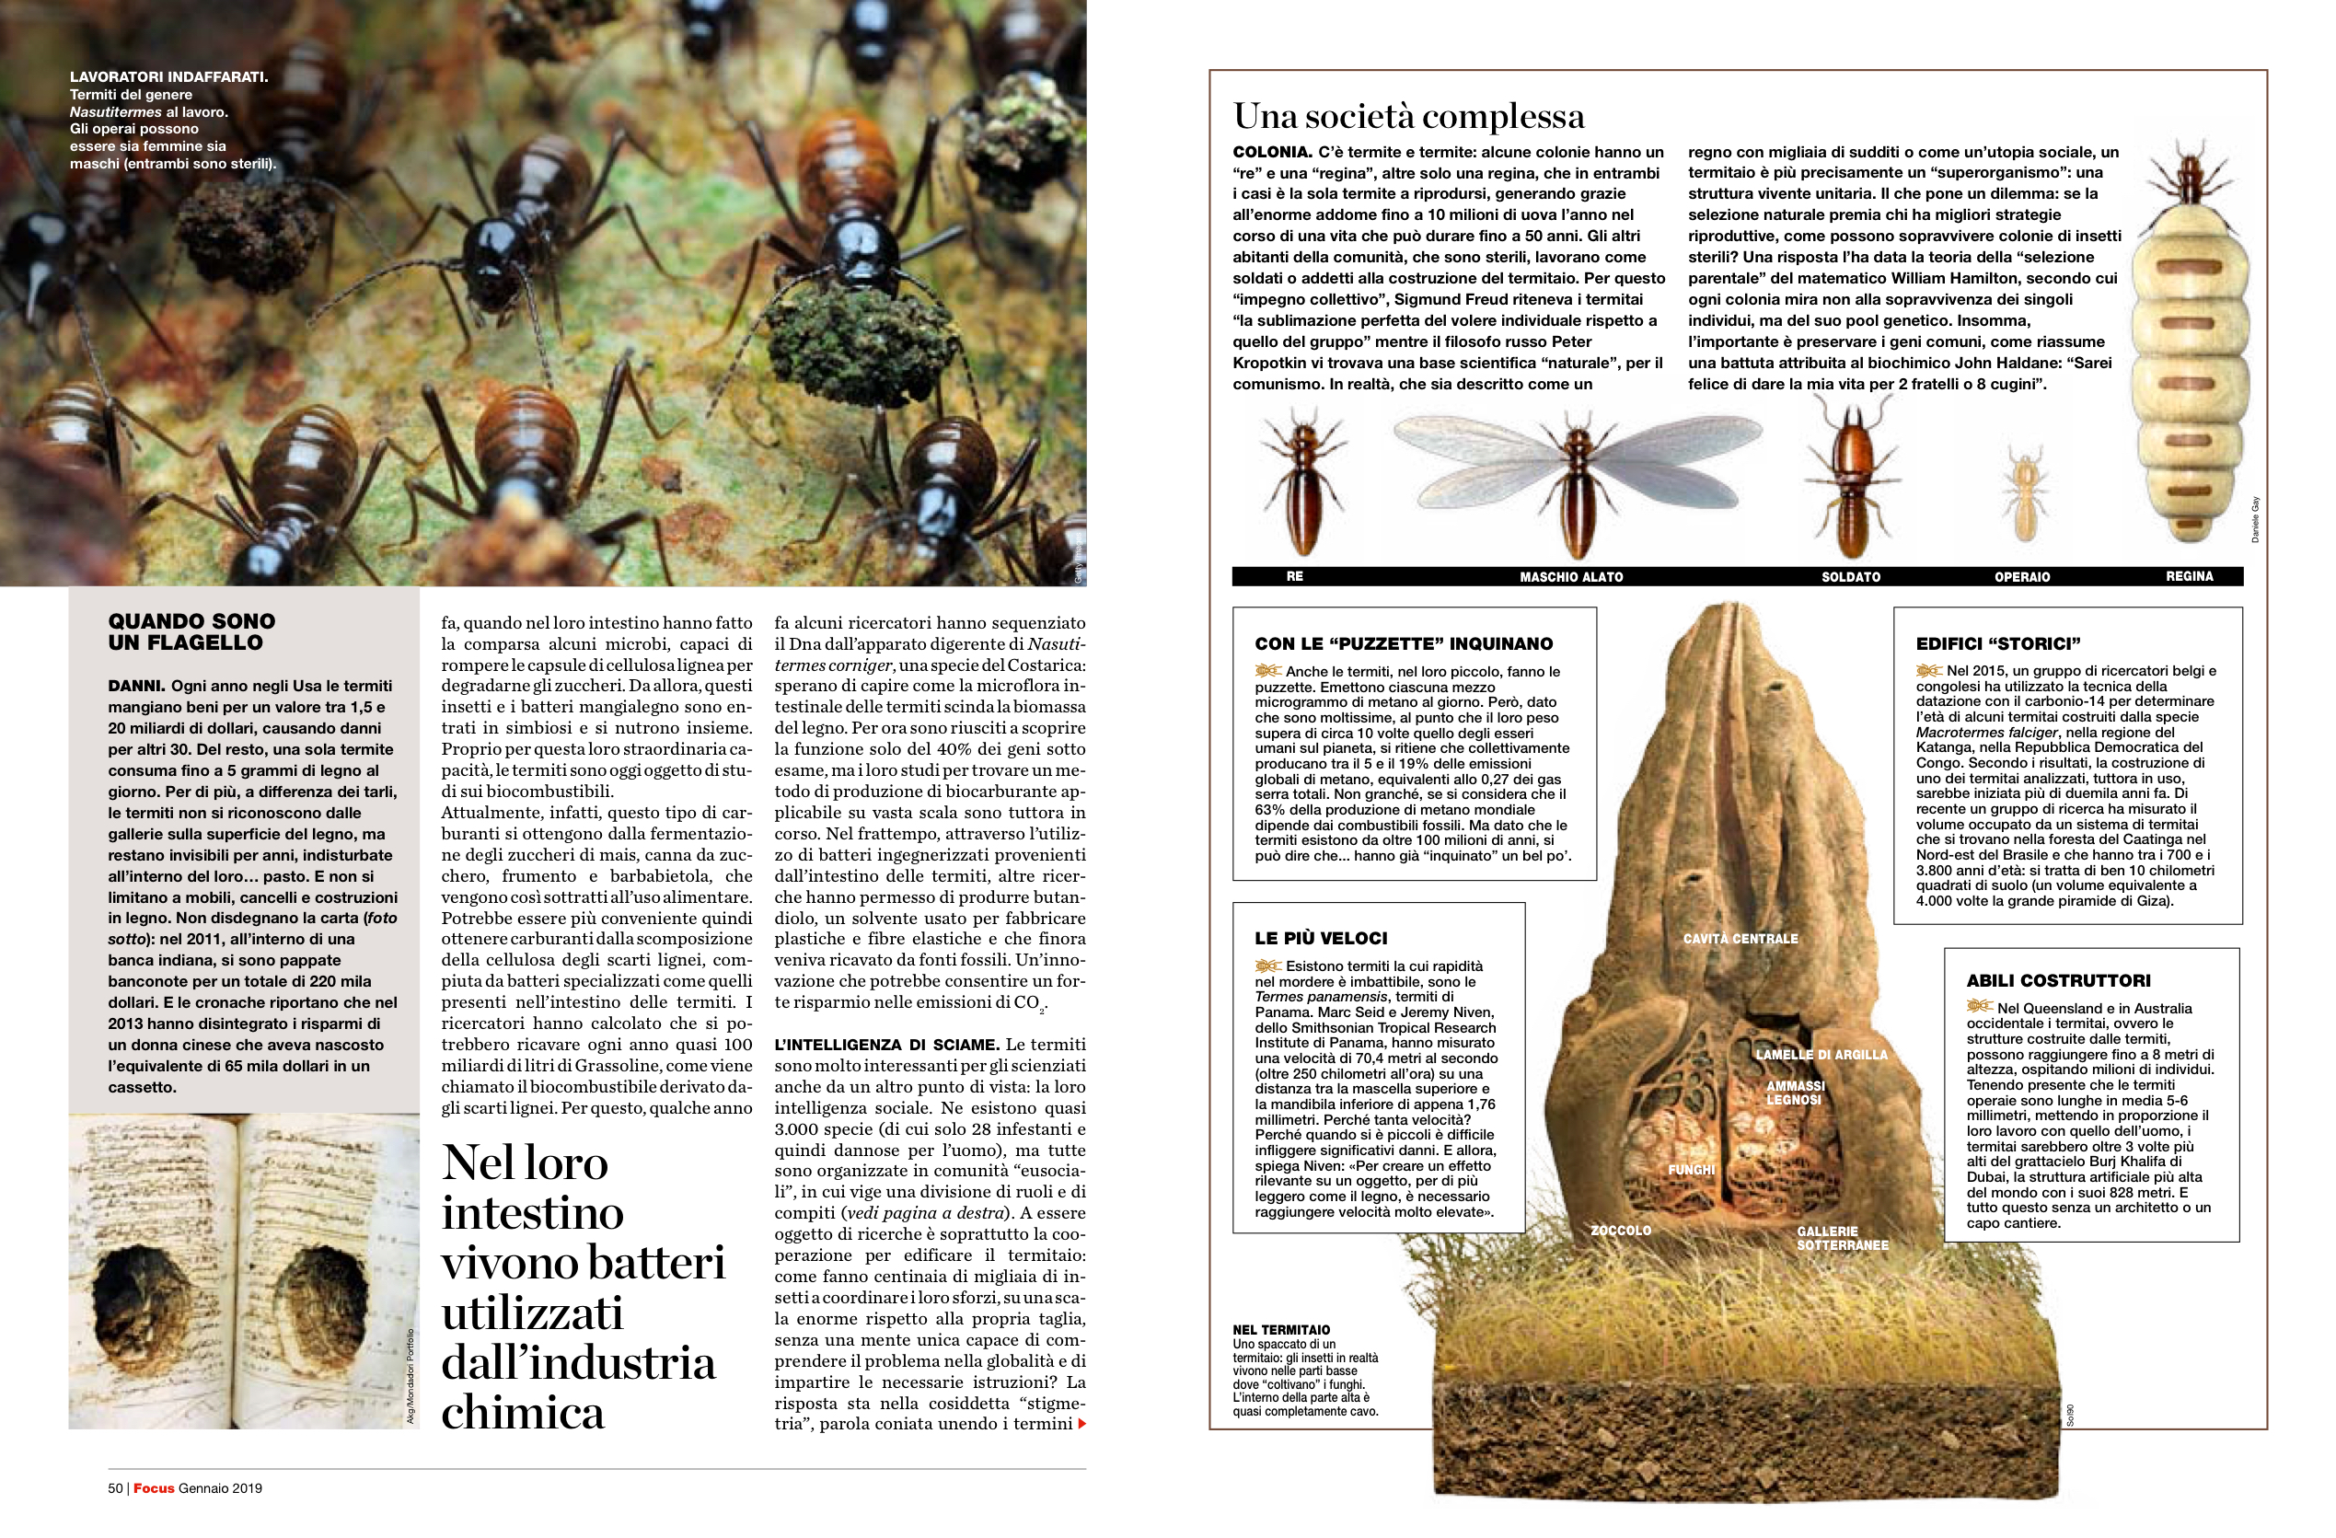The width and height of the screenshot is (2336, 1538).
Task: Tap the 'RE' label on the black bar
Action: point(1295,577)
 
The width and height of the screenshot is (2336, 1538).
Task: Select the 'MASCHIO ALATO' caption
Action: point(1570,577)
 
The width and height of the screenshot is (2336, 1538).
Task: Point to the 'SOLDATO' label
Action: point(1850,577)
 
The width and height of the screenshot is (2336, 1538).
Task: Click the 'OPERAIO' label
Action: point(2022,577)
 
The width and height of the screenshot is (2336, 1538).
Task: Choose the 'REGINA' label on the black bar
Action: point(2189,576)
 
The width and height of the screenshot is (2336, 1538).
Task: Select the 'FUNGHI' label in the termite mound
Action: point(1691,1170)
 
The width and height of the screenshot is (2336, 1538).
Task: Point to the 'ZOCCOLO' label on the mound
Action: point(1621,1230)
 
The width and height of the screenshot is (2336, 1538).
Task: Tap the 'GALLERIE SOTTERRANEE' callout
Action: point(1842,1238)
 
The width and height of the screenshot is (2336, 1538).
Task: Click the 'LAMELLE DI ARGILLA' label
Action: point(1821,1055)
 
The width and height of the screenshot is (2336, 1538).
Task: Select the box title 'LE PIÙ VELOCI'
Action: point(1320,938)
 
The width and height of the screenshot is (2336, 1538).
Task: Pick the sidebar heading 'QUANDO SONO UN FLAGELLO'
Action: point(191,632)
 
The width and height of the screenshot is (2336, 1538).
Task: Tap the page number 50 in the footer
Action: point(115,1488)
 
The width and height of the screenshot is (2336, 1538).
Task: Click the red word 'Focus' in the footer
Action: point(153,1488)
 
